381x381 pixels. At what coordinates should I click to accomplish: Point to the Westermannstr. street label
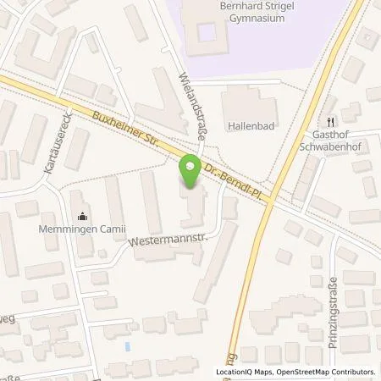168,240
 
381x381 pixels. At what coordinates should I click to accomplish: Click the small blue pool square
127,347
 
